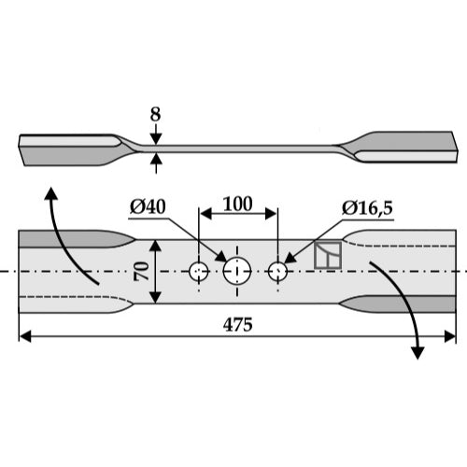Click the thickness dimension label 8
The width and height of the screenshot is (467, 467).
pyautogui.click(x=155, y=115)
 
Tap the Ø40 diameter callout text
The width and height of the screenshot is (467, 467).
pyautogui.click(x=148, y=206)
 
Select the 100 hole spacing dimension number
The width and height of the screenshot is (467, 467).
pyautogui.click(x=237, y=205)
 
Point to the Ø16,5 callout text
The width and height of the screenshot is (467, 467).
pyautogui.click(x=367, y=207)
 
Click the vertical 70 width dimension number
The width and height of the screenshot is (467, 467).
pyautogui.click(x=142, y=272)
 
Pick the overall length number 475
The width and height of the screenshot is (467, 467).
pyautogui.click(x=237, y=325)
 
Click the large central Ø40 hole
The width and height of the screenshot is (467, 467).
pyautogui.click(x=237, y=271)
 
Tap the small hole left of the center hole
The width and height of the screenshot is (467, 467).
pyautogui.click(x=199, y=272)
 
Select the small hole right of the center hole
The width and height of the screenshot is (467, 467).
pyautogui.click(x=277, y=272)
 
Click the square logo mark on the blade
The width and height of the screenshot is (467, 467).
pyautogui.click(x=328, y=255)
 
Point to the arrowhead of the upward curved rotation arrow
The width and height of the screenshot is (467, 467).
pyautogui.click(x=51, y=192)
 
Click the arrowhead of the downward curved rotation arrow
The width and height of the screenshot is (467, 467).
pyautogui.click(x=417, y=353)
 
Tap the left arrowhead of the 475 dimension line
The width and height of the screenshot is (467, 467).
pyautogui.click(x=25, y=336)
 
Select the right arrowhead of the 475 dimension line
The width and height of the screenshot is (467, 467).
pyautogui.click(x=450, y=336)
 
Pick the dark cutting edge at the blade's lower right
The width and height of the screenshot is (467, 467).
pyautogui.click(x=399, y=304)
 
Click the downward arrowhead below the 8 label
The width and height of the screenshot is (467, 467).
pyautogui.click(x=156, y=139)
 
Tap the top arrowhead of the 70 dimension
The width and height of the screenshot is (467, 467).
pyautogui.click(x=155, y=246)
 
